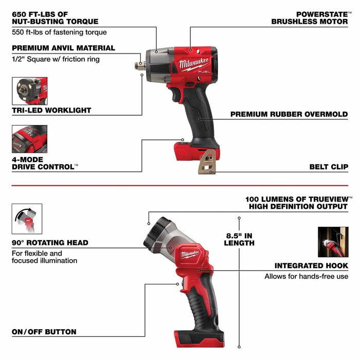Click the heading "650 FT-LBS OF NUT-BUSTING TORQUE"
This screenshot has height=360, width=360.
click(x=55, y=17)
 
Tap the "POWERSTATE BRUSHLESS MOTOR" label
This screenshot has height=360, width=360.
click(x=310, y=17)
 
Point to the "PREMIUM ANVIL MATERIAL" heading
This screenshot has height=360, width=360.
click(x=64, y=48)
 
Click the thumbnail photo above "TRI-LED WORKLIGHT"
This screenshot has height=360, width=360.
click(x=29, y=91)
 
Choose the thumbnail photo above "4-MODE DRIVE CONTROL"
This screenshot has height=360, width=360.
click(x=29, y=139)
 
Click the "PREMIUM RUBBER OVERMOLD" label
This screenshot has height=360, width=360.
click(x=289, y=114)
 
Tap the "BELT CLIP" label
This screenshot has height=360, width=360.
click(x=329, y=167)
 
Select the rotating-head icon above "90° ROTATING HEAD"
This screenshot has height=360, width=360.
click(x=27, y=219)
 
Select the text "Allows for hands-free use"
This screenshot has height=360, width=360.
click(x=306, y=276)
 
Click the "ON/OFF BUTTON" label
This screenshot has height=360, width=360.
click(x=44, y=332)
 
